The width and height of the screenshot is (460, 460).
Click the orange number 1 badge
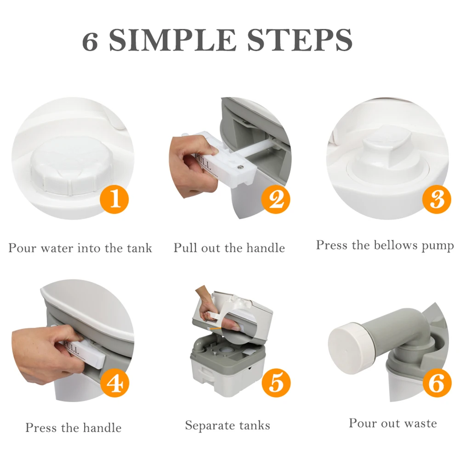pyautogui.click(x=114, y=199)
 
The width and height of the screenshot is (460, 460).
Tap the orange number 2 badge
pyautogui.click(x=276, y=199)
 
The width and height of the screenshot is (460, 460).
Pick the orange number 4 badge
pyautogui.click(x=115, y=383)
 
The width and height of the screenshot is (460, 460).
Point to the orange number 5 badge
pyautogui.click(x=276, y=383)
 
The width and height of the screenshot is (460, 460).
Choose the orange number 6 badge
pyautogui.click(x=437, y=383)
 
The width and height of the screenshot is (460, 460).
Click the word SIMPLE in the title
pyautogui.click(x=172, y=40)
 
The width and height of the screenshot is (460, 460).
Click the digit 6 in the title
pyautogui.click(x=90, y=41)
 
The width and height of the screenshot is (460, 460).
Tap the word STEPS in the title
pyautogui.click(x=300, y=40)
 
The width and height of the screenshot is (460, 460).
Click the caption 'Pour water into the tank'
pyautogui.click(x=80, y=248)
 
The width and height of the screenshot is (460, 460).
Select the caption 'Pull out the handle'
pyautogui.click(x=229, y=248)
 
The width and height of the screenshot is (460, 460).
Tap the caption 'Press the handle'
pyautogui.click(x=74, y=428)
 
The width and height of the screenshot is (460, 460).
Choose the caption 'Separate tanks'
pyautogui.click(x=227, y=426)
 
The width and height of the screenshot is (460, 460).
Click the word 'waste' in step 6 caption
pyautogui.click(x=420, y=424)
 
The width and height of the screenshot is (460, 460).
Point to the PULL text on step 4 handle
pyautogui.click(x=72, y=347)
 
